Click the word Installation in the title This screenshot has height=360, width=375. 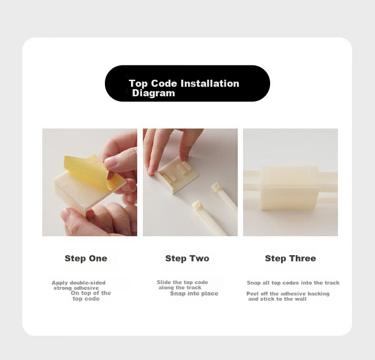pos(210,83)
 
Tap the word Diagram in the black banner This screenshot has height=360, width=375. pos(153,93)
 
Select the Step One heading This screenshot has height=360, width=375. pos(86,258)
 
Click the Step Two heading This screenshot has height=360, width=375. pos(187,258)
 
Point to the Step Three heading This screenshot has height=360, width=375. pos(291,258)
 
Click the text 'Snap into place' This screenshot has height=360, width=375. pos(194,293)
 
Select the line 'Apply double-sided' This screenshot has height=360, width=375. pos(79,283)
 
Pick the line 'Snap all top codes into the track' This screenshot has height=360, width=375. pos(293,283)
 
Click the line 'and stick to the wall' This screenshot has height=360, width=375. pos(277,299)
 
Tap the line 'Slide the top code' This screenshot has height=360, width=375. pos(182,282)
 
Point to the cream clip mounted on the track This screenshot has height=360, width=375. pos(290,188)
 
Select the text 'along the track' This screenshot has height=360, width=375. pos(180,287)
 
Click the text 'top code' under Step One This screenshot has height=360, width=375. pos(86,299)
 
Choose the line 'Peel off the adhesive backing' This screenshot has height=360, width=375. pos(288,294)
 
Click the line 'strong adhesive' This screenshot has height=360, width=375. pos(76,288)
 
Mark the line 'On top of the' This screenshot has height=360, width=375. pos(91,293)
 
